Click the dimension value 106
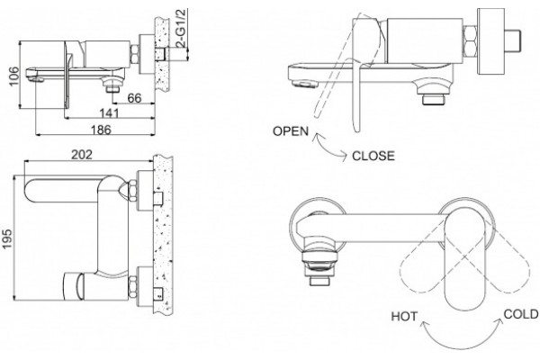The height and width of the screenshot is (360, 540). (13, 76)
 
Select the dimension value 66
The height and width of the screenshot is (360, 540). (134, 98)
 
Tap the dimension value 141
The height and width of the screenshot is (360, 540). (109, 113)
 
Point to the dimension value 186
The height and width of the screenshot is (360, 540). (101, 130)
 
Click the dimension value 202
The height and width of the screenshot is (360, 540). (82, 155)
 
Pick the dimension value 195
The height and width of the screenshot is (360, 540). (7, 238)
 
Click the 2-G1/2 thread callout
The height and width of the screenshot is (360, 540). (181, 28)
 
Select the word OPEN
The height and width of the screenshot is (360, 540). (291, 131)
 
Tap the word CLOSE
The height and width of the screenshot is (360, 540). (373, 156)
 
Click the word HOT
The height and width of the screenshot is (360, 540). (404, 317)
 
